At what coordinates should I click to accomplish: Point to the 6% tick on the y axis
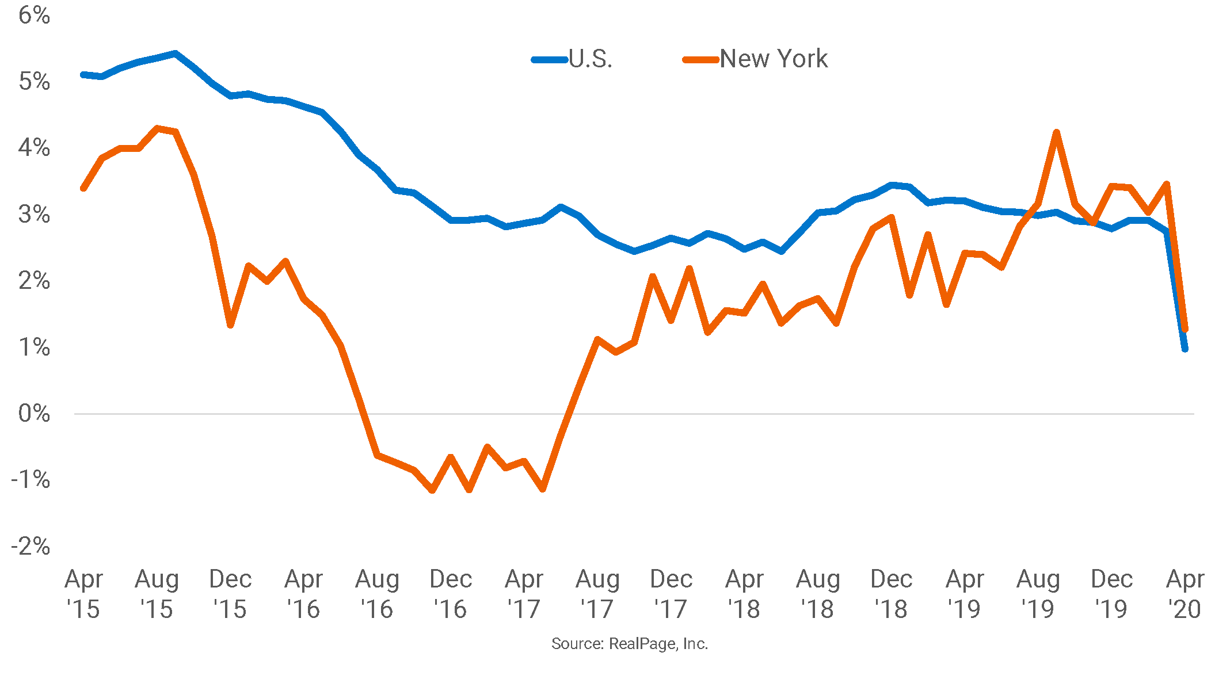34,16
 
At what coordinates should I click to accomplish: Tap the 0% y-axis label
34,414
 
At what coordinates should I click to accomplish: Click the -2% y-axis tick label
31,546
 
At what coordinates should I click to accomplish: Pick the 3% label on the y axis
34,215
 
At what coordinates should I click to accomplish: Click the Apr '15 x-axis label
83,593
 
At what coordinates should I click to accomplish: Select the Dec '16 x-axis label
451,593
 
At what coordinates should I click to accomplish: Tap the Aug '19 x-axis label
1038,593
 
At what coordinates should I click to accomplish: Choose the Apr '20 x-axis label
1184,593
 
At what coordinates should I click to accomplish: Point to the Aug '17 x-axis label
597,593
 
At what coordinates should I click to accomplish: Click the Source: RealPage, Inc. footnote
630,643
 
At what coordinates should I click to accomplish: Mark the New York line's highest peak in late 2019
1056,132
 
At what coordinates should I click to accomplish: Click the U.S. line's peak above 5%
176,54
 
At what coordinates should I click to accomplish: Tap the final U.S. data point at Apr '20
1184,349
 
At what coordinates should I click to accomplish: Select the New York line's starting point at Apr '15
83,188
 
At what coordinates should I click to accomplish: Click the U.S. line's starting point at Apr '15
83,75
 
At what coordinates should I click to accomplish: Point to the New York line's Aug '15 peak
157,128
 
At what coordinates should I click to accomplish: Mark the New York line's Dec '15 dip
230,325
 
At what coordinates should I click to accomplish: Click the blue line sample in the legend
549,59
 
